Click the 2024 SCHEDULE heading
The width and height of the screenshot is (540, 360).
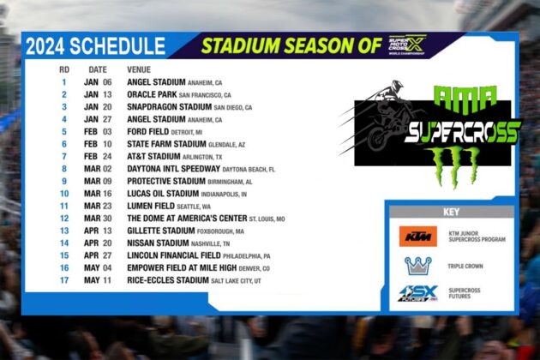[x=95, y=47]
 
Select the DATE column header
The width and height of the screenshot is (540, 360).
[x=98, y=69]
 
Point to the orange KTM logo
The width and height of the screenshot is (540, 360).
[x=417, y=237]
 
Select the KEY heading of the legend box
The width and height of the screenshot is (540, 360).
[x=452, y=212]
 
